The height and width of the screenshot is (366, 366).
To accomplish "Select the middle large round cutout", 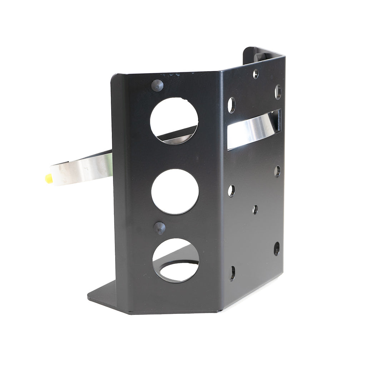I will (x=175, y=192).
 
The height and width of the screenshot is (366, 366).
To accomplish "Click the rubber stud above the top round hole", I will (x=157, y=85).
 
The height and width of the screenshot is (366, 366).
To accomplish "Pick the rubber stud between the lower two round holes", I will (x=159, y=228).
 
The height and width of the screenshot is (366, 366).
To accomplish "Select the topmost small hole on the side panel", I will (x=256, y=74).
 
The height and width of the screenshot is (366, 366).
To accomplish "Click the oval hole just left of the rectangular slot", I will (x=232, y=105).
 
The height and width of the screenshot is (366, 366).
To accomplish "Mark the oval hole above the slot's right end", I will (x=278, y=91).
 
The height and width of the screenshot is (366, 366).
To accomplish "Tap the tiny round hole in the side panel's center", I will (x=255, y=209).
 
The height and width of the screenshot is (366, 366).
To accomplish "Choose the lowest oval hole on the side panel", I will (x=232, y=273).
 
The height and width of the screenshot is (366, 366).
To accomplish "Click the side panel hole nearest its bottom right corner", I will (x=276, y=248).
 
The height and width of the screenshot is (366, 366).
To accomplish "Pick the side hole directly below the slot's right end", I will (x=277, y=171).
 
